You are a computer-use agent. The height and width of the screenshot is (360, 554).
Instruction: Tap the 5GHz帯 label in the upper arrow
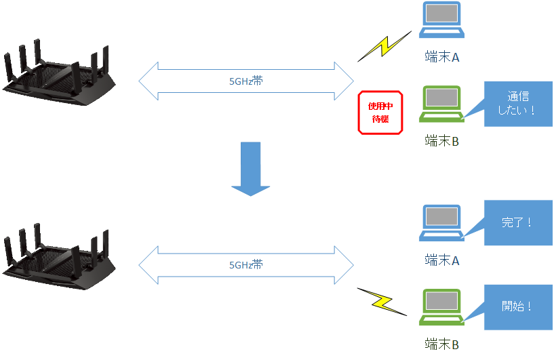(246, 81)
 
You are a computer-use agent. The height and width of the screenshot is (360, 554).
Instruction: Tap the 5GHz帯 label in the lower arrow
(246, 265)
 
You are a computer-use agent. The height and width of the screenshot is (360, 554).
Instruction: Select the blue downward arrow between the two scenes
(250, 169)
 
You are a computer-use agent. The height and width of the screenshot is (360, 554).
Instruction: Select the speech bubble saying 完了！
(518, 222)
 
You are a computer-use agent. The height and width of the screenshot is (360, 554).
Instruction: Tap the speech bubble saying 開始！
(518, 306)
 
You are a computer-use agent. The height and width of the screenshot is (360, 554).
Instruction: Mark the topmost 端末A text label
(441, 57)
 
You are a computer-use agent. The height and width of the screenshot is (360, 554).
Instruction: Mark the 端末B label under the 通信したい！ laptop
(441, 141)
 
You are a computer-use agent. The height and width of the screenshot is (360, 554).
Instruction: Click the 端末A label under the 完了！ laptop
(441, 260)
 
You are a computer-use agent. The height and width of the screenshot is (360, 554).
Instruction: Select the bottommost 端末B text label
(441, 344)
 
